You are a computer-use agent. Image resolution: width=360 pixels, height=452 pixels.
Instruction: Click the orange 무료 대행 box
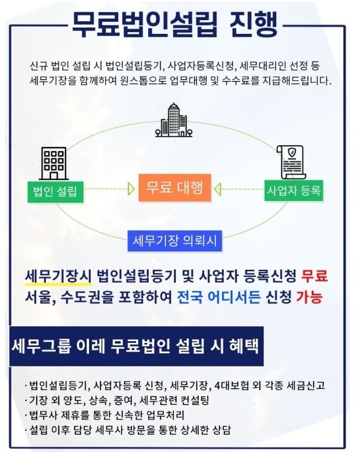[x=175, y=188]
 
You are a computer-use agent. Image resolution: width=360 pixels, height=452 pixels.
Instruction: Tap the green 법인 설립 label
[x=55, y=192]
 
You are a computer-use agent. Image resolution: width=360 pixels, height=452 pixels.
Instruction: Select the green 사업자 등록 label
[x=294, y=191]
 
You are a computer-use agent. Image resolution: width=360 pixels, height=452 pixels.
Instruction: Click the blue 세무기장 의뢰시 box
[x=175, y=241]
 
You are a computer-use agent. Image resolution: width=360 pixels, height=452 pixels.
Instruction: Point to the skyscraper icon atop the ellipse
[x=174, y=120]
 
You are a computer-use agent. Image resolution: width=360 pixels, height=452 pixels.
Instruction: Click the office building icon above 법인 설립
[x=53, y=164]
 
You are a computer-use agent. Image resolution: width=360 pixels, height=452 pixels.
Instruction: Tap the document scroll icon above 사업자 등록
[x=292, y=162]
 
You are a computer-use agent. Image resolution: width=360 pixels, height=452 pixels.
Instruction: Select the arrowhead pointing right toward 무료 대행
[x=131, y=189]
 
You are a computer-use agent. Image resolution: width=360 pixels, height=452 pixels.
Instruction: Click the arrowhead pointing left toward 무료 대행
[x=218, y=189]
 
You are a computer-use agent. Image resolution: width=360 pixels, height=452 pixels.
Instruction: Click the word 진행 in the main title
[x=254, y=25]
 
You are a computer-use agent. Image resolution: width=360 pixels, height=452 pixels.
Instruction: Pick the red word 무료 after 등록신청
[x=315, y=276]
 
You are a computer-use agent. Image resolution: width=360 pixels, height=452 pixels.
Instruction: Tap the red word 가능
[x=309, y=297]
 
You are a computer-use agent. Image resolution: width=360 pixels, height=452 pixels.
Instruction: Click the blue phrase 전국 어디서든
[x=219, y=297]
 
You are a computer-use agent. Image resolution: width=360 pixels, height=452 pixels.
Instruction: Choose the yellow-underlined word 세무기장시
[x=58, y=276]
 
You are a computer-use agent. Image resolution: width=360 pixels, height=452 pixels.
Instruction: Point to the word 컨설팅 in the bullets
[x=195, y=400]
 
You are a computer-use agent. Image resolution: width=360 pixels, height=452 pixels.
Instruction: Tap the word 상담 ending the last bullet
[x=222, y=430]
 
